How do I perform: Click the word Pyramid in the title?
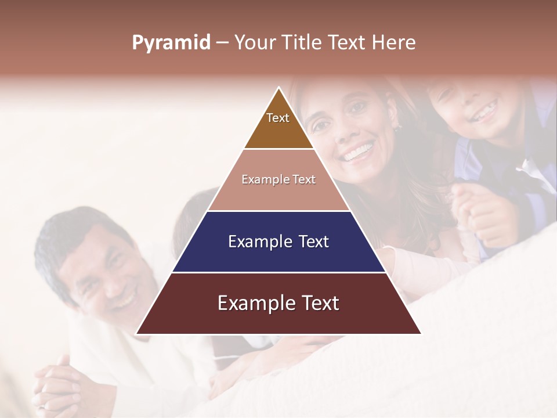click(171, 43)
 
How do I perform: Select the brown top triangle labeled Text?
click(278, 125)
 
